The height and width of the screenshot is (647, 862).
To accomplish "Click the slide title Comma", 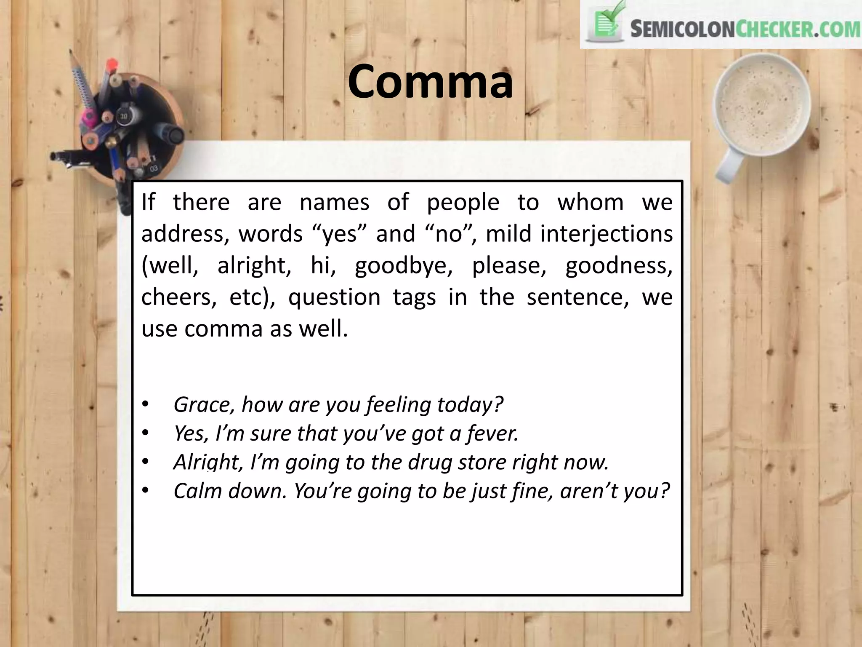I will coord(430,81).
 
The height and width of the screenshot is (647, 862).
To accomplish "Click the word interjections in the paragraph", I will coord(606,234).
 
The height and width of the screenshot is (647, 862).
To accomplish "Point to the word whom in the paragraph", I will coord(591,202).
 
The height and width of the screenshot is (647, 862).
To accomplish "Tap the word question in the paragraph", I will coord(334,297).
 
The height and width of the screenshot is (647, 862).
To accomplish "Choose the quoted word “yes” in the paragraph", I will coord(340,234).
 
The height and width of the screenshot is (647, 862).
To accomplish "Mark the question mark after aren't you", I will coord(664,491).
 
